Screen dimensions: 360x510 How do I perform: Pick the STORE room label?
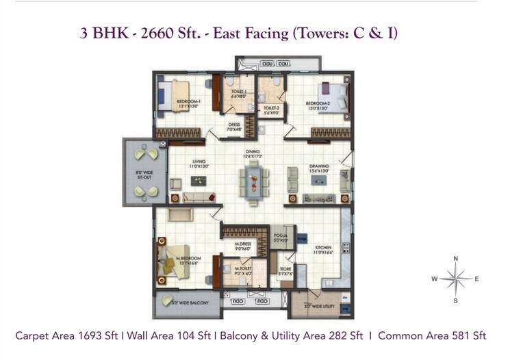click(285, 270)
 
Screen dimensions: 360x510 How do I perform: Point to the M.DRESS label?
click(244, 246)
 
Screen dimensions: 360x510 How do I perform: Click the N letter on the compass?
click(455, 259)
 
